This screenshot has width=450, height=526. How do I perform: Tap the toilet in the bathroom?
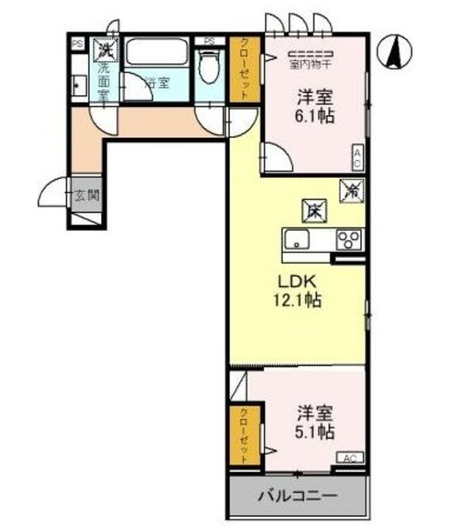click(x=210, y=67)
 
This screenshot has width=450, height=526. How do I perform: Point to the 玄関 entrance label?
click(x=86, y=196)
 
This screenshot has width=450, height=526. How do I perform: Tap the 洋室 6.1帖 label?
click(x=313, y=108)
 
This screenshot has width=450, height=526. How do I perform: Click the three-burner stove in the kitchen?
click(x=349, y=240)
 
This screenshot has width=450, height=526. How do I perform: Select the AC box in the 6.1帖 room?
click(x=359, y=156)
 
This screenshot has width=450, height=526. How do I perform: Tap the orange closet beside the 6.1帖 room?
click(x=244, y=69)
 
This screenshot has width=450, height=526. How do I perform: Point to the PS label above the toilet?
click(x=210, y=41)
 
